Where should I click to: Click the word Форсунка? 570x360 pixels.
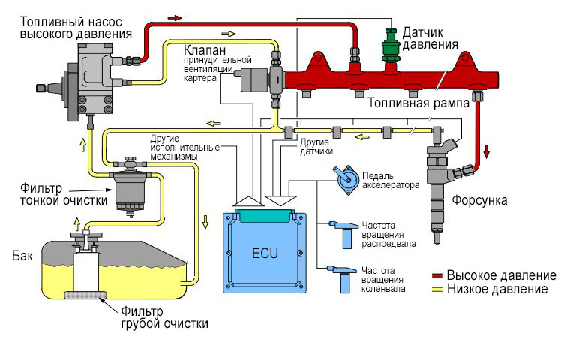(480, 201)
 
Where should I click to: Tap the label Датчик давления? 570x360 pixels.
(430, 38)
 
